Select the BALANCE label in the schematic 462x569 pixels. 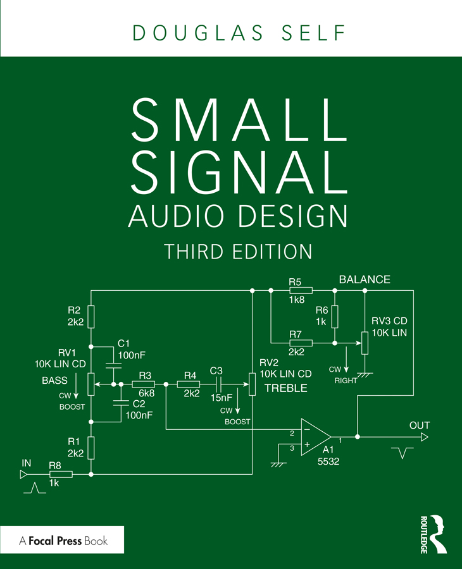(365, 279)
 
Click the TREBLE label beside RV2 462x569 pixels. (285, 388)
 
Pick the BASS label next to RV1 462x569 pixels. (54, 381)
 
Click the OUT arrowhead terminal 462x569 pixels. (425, 437)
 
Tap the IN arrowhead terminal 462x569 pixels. (23, 474)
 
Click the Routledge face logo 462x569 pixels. (436, 530)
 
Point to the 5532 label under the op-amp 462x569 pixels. (330, 462)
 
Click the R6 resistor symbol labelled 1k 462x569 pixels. (335, 316)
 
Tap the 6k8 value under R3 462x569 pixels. (145, 393)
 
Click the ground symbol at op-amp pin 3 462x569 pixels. (277, 463)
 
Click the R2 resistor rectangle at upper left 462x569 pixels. (91, 316)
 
